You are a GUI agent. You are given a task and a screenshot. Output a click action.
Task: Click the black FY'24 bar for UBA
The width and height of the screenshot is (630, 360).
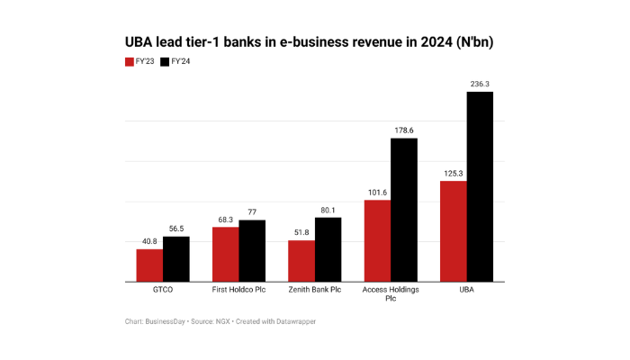click(x=480, y=187)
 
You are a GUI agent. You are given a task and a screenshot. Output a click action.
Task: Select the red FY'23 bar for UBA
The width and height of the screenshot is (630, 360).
click(x=453, y=231)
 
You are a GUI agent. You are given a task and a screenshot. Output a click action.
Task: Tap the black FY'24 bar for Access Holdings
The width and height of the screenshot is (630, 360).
click(x=404, y=210)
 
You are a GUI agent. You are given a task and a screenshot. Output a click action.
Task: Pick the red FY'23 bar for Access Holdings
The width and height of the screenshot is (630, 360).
click(x=377, y=240)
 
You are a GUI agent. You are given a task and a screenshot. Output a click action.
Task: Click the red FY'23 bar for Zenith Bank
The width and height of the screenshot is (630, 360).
click(x=301, y=261)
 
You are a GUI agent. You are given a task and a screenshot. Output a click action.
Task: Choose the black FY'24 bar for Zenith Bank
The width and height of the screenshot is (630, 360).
click(x=328, y=249)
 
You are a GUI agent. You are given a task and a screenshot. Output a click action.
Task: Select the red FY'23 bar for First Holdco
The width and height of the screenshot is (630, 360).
click(x=226, y=255)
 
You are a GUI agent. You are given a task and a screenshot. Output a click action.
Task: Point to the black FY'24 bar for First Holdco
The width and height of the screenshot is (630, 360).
click(x=252, y=251)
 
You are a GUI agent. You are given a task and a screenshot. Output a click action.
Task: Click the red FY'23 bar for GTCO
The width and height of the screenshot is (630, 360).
click(x=149, y=265)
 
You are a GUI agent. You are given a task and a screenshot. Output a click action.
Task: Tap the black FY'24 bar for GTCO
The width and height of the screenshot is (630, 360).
click(x=176, y=259)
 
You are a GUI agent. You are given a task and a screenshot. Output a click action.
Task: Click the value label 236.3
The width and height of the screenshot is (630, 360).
click(x=480, y=84)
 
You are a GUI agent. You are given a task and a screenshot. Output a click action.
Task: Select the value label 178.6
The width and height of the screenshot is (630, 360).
click(x=404, y=130)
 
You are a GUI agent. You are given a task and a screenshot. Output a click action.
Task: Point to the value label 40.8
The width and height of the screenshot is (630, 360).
click(x=149, y=241)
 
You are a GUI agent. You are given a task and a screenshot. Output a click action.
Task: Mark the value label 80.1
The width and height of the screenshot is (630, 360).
click(x=328, y=210)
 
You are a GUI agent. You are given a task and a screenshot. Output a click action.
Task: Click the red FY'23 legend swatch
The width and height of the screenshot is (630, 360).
click(x=129, y=62)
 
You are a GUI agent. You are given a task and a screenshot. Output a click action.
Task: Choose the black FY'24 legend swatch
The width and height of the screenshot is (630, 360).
click(x=165, y=62)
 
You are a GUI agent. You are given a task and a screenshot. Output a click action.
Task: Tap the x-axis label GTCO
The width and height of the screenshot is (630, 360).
click(x=163, y=291)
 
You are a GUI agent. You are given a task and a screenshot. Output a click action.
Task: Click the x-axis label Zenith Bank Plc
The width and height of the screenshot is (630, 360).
click(x=315, y=291)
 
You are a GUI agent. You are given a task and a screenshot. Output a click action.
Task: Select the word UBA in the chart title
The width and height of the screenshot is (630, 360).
click(x=139, y=42)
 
